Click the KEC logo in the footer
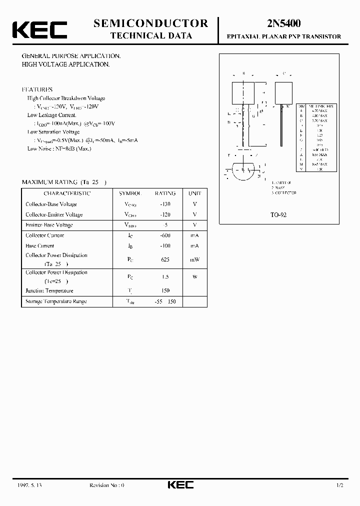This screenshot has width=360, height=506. tap(180, 485)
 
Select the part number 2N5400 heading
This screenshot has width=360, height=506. tap(283, 23)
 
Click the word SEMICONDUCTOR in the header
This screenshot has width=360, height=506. tap(150, 23)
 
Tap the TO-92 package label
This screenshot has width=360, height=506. tap(278, 214)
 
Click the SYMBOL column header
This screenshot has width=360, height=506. tap(130, 193)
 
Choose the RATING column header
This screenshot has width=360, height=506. tap(165, 193)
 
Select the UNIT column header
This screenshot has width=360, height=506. tap(194, 193)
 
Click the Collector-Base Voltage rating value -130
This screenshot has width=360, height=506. tap(165, 204)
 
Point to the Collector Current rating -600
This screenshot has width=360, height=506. tap(165, 235)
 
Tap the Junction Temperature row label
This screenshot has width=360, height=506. tap(49, 290)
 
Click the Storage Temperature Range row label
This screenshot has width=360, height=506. tap(56, 301)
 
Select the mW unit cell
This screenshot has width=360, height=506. tap(194, 259)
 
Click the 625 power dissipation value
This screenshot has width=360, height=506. tap(165, 259)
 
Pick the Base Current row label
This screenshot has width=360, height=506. tap(39, 246)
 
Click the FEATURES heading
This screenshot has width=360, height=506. tap(37, 89)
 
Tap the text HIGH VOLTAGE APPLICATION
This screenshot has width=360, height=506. tap(65, 64)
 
